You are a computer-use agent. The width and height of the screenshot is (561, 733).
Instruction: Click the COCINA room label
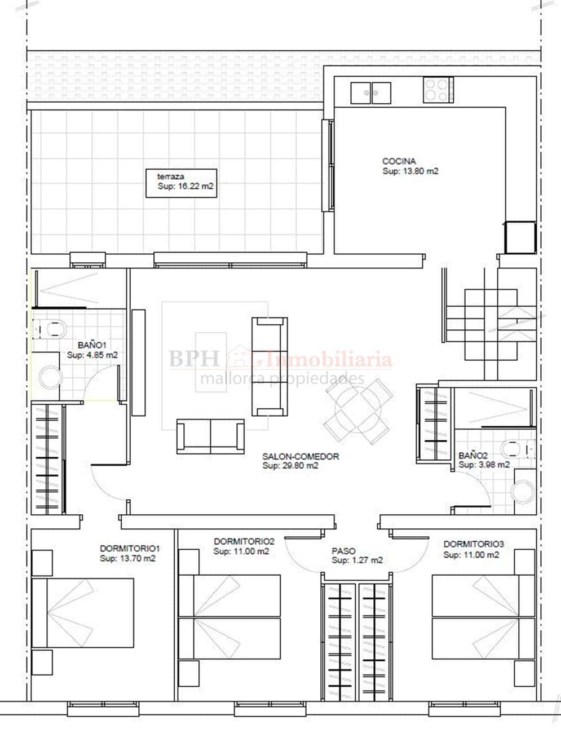pos(399,161)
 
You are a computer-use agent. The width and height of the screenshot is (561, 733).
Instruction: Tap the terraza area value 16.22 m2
pos(194,186)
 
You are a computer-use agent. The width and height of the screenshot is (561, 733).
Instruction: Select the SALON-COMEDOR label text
pos(301,456)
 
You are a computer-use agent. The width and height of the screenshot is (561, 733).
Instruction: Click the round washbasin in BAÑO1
pos(50,377)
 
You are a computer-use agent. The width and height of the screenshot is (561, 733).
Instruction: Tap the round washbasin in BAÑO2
pos(523,491)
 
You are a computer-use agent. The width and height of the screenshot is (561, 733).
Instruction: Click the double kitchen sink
pos(370,93)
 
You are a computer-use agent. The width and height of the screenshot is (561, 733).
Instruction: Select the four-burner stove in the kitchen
pos(439,90)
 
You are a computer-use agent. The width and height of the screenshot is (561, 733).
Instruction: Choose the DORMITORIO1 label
pos(130,548)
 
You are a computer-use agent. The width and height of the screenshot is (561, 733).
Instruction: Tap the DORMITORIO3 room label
pos(474,544)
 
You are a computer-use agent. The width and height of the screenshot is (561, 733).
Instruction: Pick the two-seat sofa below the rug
pos(210,436)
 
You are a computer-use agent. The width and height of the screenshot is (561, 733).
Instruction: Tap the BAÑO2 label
pos(473,456)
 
